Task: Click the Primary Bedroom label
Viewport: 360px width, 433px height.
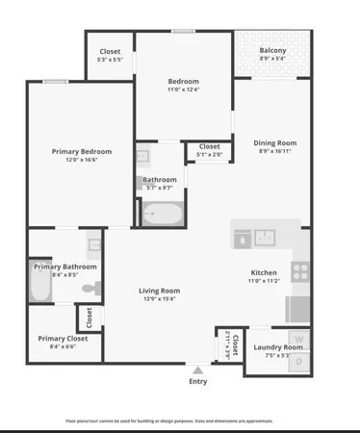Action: (x=82, y=151)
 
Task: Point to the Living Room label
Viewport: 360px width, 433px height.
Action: (x=160, y=290)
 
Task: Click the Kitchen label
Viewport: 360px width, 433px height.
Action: (x=263, y=272)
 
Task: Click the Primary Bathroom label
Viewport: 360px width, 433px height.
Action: (x=65, y=266)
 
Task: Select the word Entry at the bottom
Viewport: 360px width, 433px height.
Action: (x=198, y=381)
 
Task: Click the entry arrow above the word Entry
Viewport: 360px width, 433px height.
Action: (x=198, y=369)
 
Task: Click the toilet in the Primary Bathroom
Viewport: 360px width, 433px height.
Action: (x=90, y=288)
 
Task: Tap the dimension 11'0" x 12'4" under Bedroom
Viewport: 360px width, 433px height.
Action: (x=183, y=89)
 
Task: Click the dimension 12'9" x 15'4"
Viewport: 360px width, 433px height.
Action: (x=160, y=299)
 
